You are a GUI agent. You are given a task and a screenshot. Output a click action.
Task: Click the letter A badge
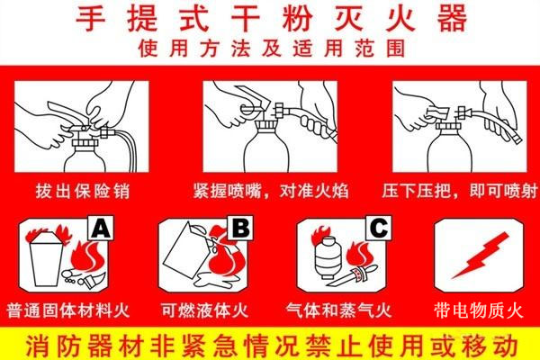tap(101, 228)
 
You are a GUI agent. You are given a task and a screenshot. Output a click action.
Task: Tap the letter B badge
tap(240, 228)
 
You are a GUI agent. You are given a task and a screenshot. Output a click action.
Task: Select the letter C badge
tap(379, 228)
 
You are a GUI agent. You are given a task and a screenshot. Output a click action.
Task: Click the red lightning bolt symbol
tap(480, 256)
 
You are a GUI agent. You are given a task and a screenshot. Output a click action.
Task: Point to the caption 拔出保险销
tap(83, 191)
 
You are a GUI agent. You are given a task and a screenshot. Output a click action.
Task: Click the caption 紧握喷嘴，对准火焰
tap(271, 191)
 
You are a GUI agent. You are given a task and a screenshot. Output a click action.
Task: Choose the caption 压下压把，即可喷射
tap(460, 191)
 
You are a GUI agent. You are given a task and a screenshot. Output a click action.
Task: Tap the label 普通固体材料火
tap(67, 310)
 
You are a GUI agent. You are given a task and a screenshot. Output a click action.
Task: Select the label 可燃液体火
tap(204, 310)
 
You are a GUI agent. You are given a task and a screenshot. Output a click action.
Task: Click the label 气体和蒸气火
tap(339, 310)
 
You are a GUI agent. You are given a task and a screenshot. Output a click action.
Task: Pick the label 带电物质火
tap(479, 310)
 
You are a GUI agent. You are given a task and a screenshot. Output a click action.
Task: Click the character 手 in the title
tap(91, 19)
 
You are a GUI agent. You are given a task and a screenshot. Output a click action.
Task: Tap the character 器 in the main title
tap(452, 19)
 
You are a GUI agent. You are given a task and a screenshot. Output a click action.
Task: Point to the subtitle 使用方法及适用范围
tap(272, 49)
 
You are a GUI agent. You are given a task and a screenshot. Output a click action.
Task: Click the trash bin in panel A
tap(47, 259)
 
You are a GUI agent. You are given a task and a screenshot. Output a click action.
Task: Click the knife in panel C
tap(352, 275)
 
